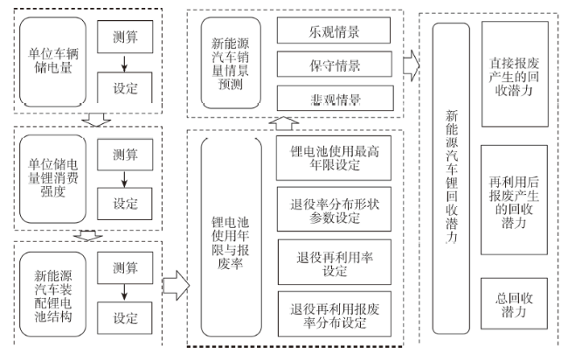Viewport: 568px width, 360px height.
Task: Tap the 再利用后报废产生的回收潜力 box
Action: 515,186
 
